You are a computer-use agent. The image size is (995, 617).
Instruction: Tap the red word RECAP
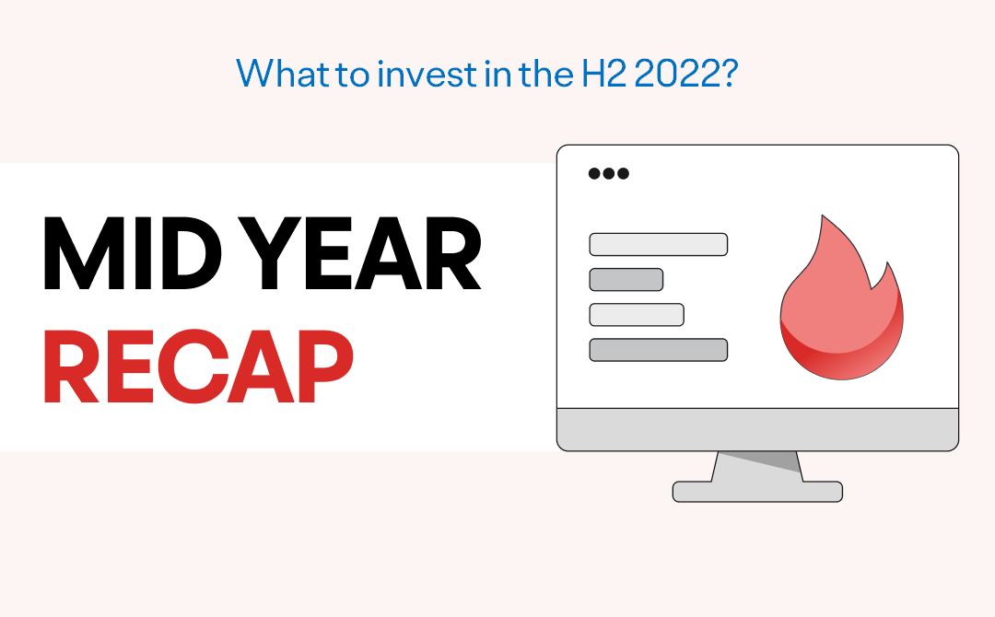click(x=199, y=367)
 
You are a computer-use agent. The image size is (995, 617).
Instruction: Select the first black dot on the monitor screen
click(x=594, y=173)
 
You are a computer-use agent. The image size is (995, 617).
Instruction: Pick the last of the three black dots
click(x=623, y=173)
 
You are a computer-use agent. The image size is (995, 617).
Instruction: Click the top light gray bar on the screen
click(x=659, y=244)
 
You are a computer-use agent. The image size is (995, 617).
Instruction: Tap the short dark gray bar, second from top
click(x=626, y=280)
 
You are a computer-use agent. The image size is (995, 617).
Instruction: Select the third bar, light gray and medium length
click(x=637, y=315)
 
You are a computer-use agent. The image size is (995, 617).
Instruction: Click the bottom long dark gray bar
click(x=659, y=350)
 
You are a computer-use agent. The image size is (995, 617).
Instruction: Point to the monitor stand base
click(x=757, y=492)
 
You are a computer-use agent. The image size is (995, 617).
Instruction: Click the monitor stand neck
click(x=757, y=467)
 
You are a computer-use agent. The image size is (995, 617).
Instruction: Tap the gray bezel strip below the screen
click(x=757, y=429)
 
